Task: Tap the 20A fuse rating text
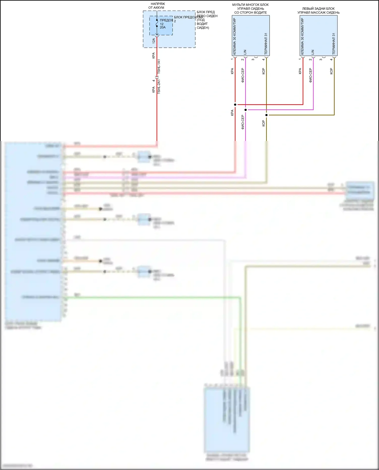163,27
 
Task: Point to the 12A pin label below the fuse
154,41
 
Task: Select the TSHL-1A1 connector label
159,66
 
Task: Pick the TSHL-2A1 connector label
159,87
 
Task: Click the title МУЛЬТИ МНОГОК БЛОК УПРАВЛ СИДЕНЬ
250,9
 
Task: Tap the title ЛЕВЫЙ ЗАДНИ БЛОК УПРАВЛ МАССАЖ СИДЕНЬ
318,10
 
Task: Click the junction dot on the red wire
235,105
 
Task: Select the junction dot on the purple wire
246,110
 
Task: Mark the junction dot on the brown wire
266,115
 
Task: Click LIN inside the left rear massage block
313,52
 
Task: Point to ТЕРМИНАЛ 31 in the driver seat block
266,43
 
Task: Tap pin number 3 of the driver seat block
253,59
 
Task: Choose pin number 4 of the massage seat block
331,59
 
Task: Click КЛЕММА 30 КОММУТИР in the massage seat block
302,36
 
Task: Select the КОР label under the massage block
331,71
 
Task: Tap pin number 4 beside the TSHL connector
154,81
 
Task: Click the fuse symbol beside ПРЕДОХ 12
157,23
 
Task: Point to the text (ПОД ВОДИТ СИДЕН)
203,24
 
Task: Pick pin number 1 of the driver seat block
232,59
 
